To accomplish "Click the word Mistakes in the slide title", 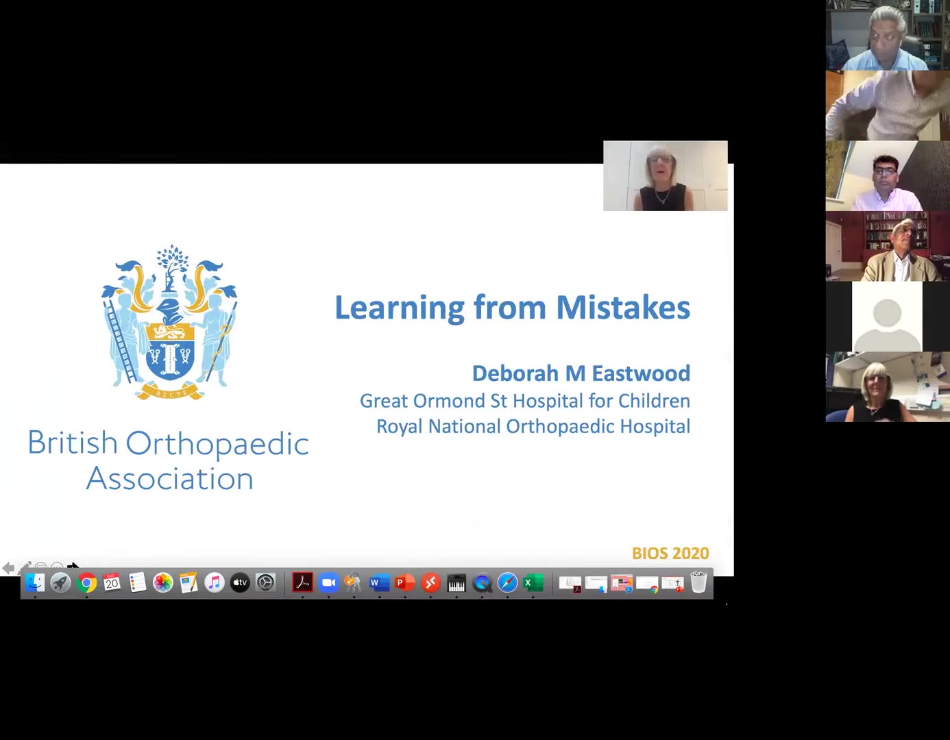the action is point(623,308).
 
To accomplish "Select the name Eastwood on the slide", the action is point(640,373).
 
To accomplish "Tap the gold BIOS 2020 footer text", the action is point(670,554).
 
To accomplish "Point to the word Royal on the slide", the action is point(399,427).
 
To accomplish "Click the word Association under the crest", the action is point(169,479).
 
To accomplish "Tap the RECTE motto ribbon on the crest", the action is point(170,391).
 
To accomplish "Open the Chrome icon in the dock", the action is point(86,582).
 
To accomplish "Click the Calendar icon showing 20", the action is point(112,582).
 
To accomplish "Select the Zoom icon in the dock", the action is point(328,582).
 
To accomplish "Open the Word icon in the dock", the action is point(379,582).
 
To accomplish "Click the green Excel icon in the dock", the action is point(533,582).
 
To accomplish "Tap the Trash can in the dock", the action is point(698,582).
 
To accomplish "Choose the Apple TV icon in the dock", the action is point(240,582).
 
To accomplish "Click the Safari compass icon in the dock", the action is point(507,582).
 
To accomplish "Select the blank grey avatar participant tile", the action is point(887,317).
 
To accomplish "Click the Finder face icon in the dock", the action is point(35,582).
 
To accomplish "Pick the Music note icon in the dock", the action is point(215,582).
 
